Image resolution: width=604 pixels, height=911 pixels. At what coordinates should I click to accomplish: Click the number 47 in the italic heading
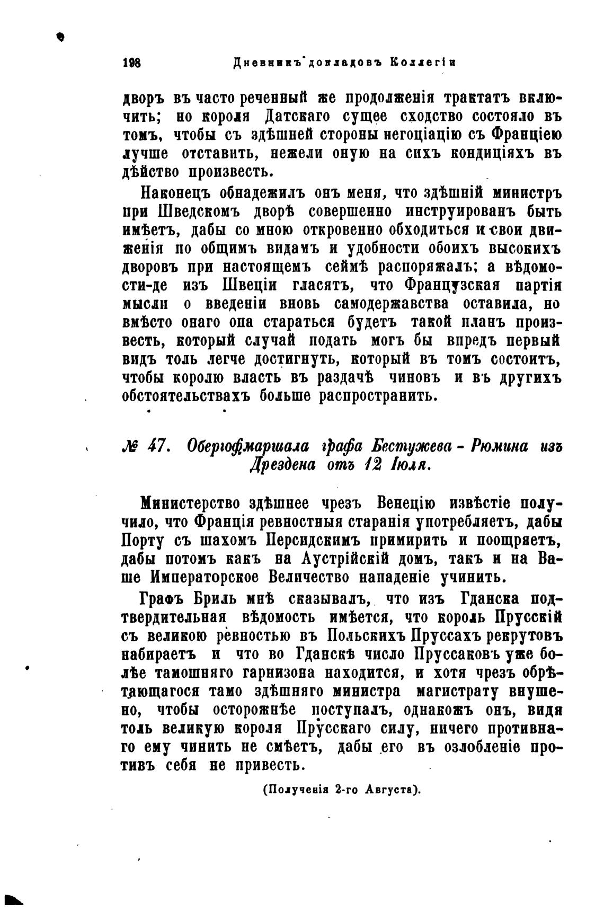point(157,446)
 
